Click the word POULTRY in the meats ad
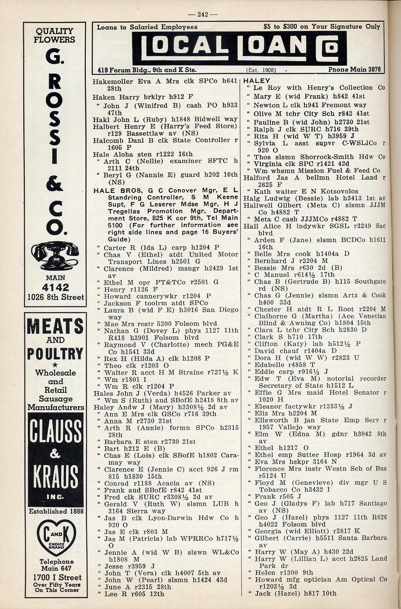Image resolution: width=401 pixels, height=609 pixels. coord(55,354)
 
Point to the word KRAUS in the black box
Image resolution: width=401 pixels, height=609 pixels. coord(55,477)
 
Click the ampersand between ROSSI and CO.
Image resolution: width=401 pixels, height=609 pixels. coord(54,183)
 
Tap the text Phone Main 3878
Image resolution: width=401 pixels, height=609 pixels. coord(354,69)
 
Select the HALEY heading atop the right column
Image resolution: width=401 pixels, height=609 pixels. coord(257,81)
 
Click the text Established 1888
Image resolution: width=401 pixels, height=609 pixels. coord(56,511)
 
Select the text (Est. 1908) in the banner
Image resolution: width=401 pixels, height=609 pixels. coord(262,70)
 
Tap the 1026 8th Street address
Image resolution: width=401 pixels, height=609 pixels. coord(55,298)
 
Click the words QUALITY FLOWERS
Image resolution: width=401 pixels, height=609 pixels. coord(55,35)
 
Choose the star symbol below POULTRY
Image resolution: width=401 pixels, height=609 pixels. coord(55,365)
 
